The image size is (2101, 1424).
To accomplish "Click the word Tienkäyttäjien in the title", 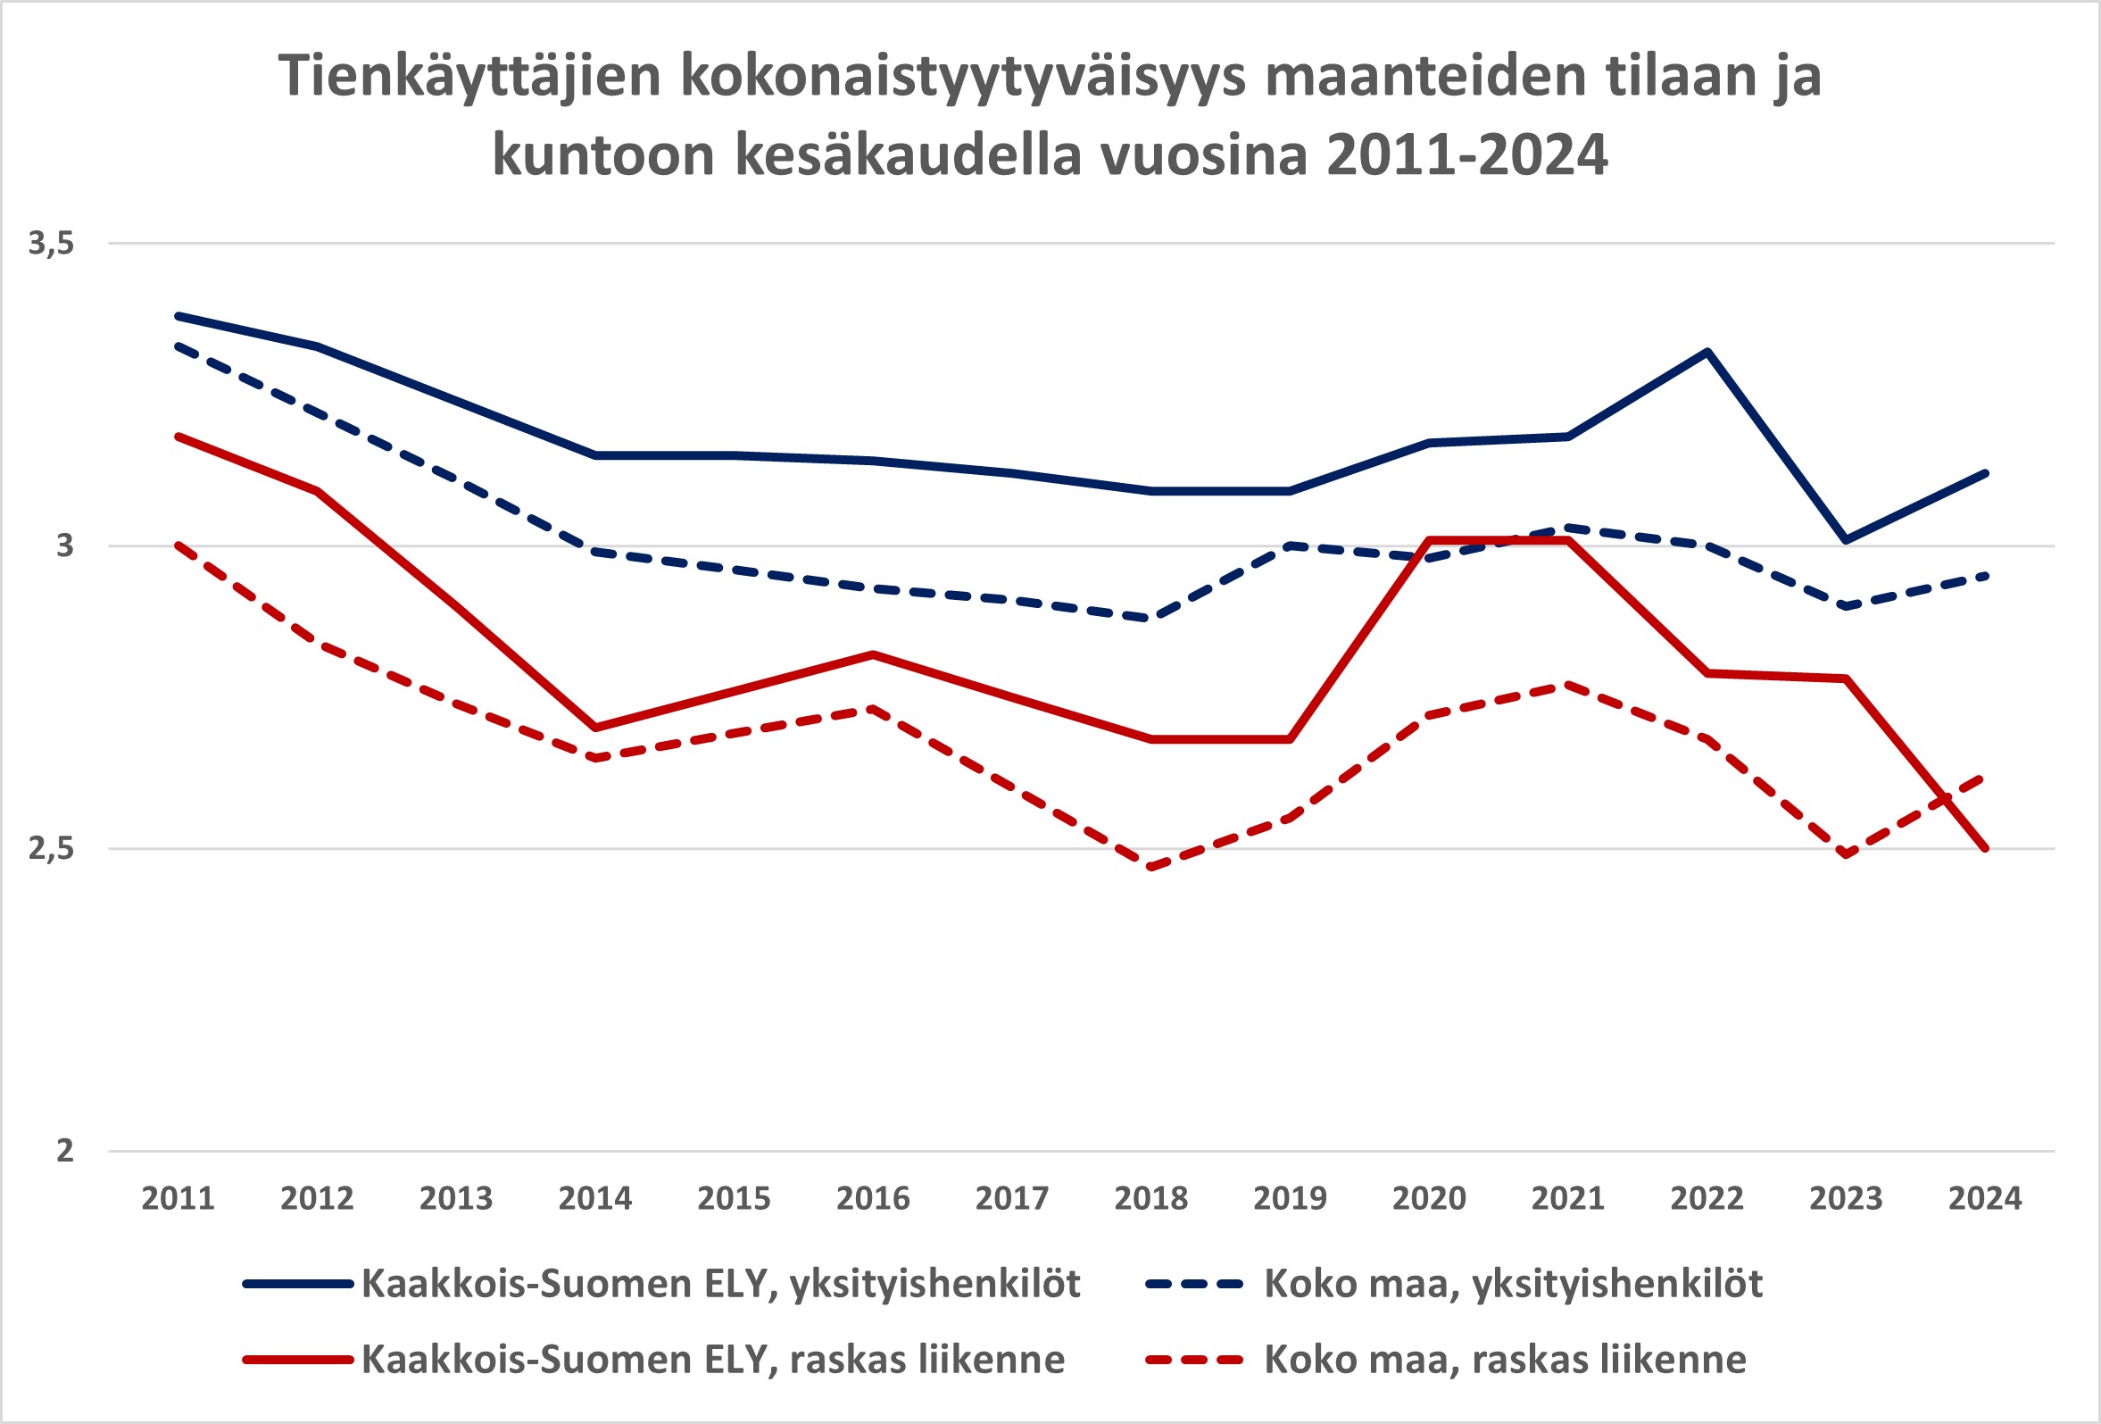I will tap(471, 76).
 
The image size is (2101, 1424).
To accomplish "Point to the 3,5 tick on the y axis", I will tap(51, 242).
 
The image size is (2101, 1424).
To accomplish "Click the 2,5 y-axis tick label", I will tap(51, 848).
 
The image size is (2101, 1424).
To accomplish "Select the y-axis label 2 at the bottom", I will tap(64, 1151).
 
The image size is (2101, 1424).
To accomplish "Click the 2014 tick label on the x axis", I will tap(594, 1199).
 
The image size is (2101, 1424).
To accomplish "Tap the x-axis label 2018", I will tap(1150, 1199).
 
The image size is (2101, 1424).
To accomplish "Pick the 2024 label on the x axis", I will tap(1985, 1199).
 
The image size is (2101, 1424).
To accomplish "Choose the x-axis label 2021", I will tap(1567, 1199).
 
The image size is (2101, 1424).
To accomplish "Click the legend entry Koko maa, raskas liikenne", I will tap(1505, 1360).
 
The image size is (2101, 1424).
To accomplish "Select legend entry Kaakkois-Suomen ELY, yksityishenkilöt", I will tap(720, 1284).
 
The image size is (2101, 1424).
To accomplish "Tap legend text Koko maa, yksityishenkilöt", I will tap(1514, 1284).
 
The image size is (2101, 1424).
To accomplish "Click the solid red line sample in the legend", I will tap(297, 1360).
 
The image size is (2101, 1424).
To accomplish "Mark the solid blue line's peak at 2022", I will tap(1707, 352).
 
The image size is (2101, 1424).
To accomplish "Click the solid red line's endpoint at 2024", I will tap(1985, 848).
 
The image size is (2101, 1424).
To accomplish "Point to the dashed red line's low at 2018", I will tap(1150, 867).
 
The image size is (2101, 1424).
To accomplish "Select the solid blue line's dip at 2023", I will tap(1846, 540).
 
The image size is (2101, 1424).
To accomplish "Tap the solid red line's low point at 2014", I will tap(594, 728).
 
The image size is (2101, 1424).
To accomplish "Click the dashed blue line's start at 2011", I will tap(179, 346).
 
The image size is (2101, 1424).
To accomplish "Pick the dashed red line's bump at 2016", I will tap(872, 709).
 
